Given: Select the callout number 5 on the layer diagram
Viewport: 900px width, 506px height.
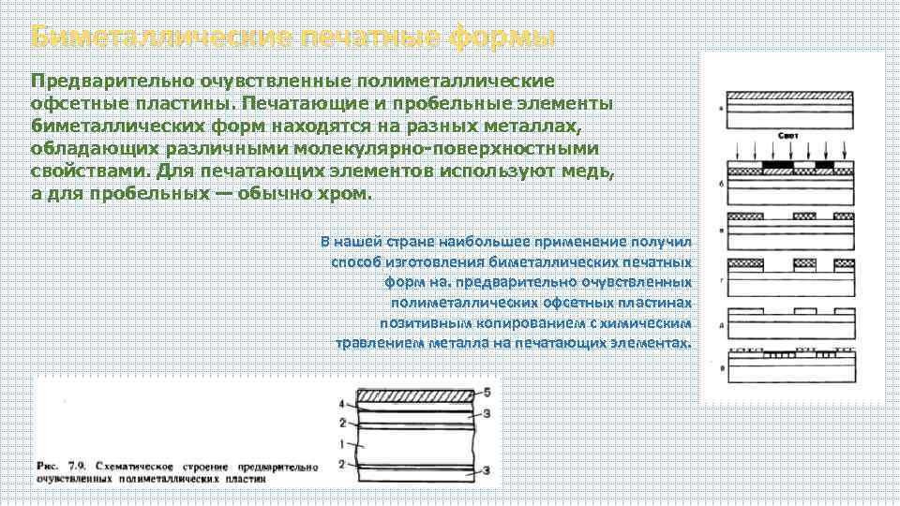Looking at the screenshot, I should point(486,391).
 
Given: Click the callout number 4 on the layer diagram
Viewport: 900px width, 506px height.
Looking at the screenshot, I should point(342,404).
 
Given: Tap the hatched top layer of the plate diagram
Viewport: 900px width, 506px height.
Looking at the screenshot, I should point(412,394).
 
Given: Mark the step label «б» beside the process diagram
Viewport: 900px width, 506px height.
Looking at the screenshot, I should point(721,185).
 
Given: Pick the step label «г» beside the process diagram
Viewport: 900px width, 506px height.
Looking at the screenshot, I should point(721,280).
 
